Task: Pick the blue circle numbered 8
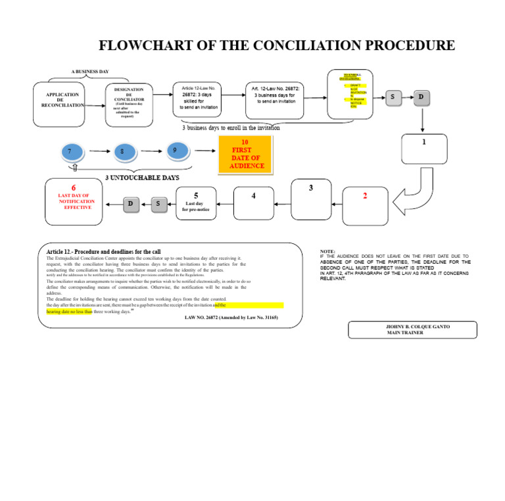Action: (x=123, y=153)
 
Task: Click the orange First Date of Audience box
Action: (x=245, y=155)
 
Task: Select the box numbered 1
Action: (x=424, y=149)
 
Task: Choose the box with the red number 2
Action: (x=365, y=204)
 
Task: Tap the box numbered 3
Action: (x=311, y=199)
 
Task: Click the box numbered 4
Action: (x=253, y=203)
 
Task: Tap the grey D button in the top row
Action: (x=421, y=98)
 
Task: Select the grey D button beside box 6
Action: (x=132, y=204)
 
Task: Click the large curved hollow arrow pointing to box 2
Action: (x=418, y=191)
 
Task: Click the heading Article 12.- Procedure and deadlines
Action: (x=103, y=252)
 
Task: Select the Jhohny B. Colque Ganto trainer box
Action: (x=412, y=329)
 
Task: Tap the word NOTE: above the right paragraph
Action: (x=327, y=252)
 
